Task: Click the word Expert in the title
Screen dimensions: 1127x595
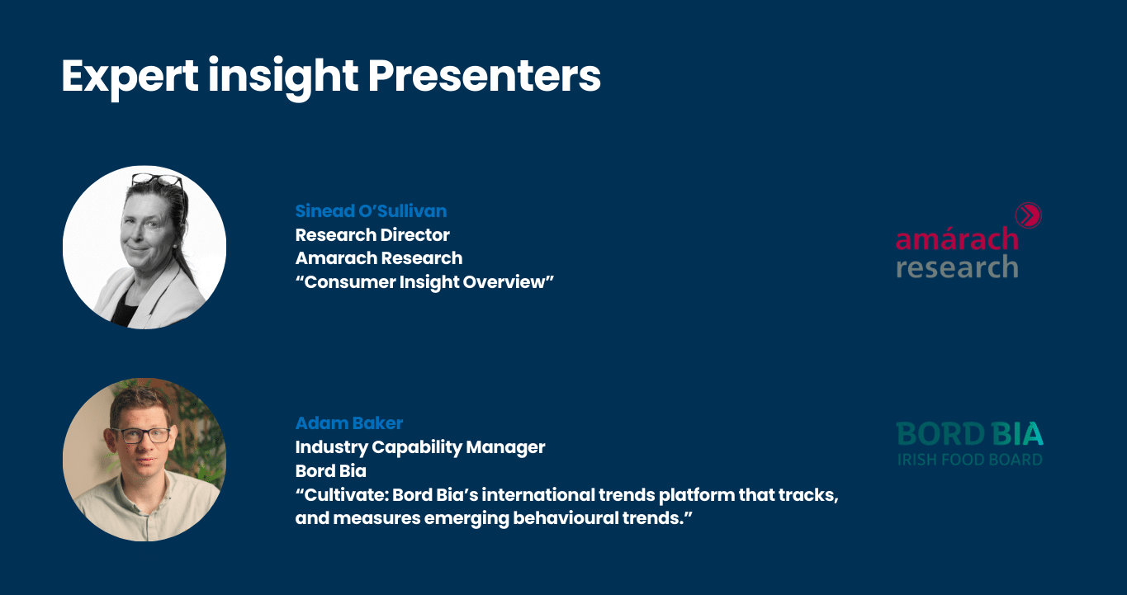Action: pos(130,77)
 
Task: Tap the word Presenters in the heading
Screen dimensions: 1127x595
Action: pos(484,76)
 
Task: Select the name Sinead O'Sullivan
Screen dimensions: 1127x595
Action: pos(371,211)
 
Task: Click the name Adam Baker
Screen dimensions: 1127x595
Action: pos(349,423)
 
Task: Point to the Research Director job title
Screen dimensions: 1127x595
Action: pos(372,235)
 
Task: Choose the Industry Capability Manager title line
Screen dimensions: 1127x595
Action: pos(420,447)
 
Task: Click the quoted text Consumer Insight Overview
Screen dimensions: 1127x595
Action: pos(424,282)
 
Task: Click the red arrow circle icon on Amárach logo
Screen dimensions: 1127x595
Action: pos(1029,215)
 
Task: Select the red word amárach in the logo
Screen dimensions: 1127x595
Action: pos(957,238)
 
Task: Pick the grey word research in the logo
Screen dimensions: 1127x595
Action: pos(957,267)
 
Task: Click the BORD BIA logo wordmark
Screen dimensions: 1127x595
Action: pos(969,433)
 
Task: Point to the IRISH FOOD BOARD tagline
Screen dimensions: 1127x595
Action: pos(969,460)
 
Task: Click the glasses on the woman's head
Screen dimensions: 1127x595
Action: pos(157,180)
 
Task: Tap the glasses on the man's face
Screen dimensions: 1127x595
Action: pos(142,436)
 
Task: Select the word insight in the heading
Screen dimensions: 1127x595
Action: pos(283,77)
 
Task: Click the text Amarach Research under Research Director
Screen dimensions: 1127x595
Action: pos(379,258)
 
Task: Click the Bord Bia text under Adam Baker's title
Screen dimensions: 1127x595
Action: pos(330,471)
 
